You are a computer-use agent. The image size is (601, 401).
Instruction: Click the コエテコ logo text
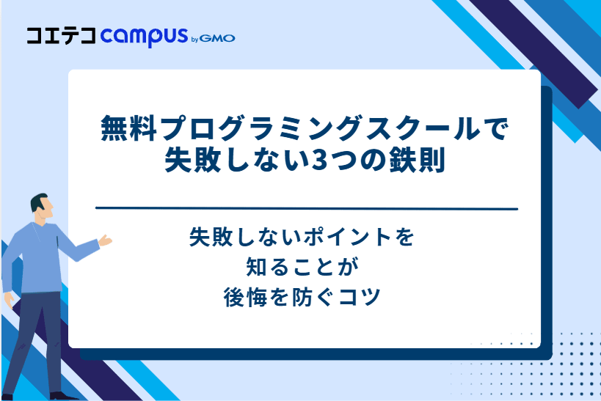pos(60,36)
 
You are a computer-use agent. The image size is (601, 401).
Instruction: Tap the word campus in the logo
pos(144,37)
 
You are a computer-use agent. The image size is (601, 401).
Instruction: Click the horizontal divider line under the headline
pos(307,209)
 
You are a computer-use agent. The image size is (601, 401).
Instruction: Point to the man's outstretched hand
pos(106,240)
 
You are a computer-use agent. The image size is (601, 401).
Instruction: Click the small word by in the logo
pos(194,39)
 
